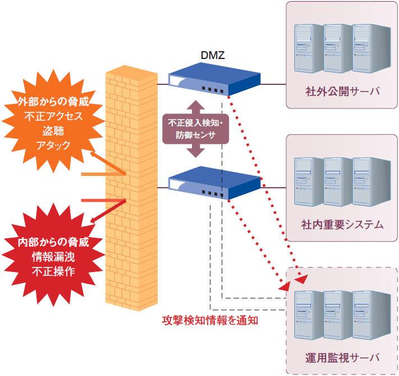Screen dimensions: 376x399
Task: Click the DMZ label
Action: pos(213,55)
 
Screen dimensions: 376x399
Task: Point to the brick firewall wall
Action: pos(130,185)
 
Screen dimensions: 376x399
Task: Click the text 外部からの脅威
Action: pos(53,103)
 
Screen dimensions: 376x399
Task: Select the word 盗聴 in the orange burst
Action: pos(53,131)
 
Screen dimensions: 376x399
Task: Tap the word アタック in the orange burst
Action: pos(53,145)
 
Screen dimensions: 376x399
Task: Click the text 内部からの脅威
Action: pos(53,243)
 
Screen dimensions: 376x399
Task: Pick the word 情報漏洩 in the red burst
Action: pos(53,257)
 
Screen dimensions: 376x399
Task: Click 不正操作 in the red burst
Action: pos(53,272)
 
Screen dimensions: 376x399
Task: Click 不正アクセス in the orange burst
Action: pos(53,117)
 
